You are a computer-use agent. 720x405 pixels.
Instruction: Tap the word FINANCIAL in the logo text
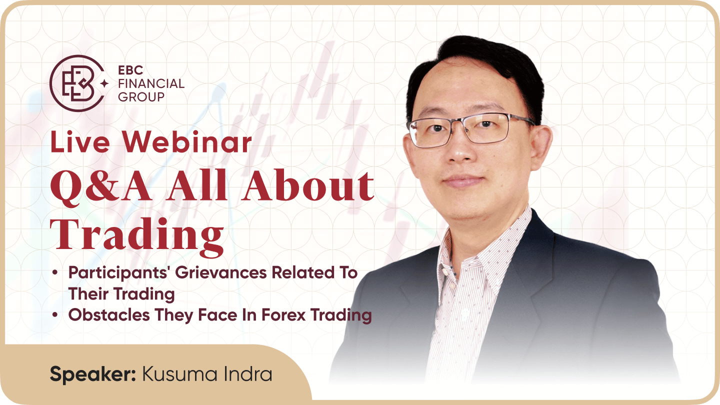tap(151, 83)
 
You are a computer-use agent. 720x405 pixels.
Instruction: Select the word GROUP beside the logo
tap(141, 97)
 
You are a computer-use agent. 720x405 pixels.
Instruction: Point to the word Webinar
tap(187, 142)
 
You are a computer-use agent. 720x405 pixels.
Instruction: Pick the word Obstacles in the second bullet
tap(109, 314)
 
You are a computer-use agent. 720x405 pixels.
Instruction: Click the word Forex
tap(283, 314)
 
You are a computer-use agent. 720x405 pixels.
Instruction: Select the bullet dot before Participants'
tap(55, 273)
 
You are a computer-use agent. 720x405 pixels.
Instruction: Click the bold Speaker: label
tap(93, 374)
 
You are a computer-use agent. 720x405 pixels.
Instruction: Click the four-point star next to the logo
tap(104, 84)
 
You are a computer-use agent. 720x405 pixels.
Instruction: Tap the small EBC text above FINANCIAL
tap(130, 70)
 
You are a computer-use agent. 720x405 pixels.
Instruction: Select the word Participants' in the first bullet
tap(119, 273)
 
